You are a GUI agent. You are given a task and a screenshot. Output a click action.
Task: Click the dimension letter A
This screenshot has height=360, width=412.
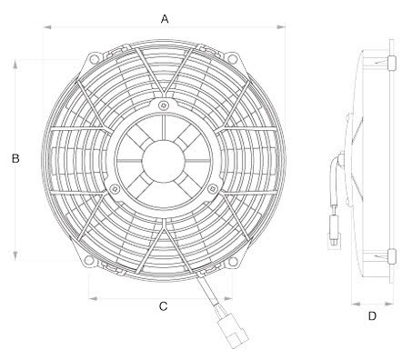165,17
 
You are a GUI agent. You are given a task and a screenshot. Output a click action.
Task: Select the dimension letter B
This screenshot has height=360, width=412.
15,159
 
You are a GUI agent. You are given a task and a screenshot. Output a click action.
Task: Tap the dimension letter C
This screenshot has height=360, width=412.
163,306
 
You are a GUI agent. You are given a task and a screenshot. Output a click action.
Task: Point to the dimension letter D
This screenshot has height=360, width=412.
372,316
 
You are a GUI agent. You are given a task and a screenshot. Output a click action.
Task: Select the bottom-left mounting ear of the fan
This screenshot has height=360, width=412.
91,260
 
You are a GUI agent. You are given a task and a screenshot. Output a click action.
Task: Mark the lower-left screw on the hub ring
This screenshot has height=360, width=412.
115,189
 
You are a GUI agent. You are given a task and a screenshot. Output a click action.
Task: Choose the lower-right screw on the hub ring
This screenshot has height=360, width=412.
212,189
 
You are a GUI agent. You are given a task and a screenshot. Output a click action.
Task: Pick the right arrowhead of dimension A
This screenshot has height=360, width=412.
283,27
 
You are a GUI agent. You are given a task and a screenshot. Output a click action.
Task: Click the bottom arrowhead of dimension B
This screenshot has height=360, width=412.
15,257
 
